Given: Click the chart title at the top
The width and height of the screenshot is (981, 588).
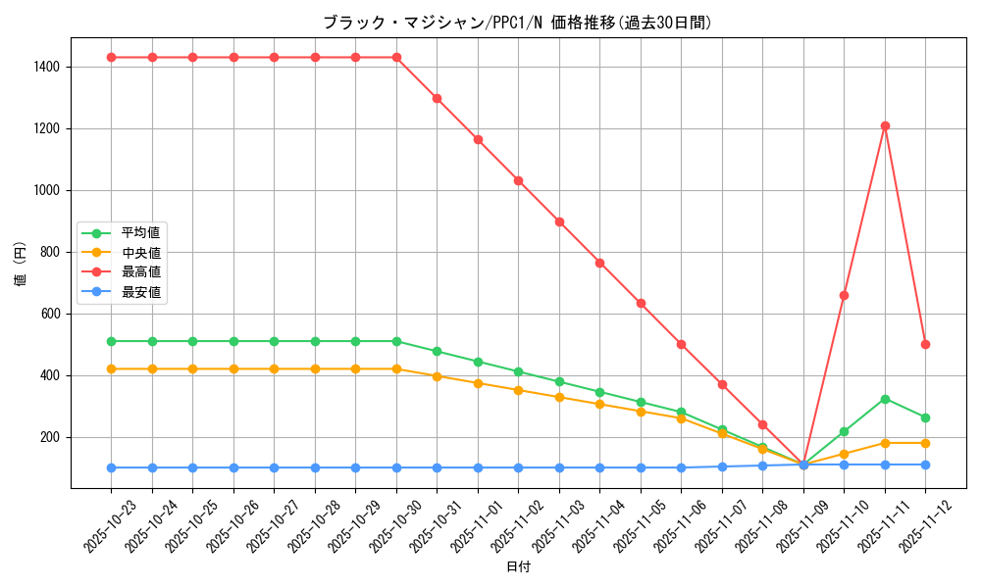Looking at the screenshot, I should [517, 22].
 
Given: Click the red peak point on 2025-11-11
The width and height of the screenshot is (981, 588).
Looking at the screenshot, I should [885, 125].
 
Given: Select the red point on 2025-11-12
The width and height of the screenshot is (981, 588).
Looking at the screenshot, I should [925, 344].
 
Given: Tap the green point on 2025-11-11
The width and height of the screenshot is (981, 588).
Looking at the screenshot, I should [885, 399].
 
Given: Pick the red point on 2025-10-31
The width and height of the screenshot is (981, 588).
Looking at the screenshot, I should [437, 98].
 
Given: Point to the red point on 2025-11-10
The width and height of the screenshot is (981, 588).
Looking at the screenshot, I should [844, 295].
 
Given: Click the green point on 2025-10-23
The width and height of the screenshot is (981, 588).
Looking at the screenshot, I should [111, 341].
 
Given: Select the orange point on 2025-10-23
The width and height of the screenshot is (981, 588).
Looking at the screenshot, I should [111, 368].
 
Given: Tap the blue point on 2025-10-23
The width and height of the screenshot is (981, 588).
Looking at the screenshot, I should [111, 467].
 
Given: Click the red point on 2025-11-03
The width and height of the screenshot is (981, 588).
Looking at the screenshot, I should [559, 221].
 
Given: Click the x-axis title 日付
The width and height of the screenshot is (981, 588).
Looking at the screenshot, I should [518, 567].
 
